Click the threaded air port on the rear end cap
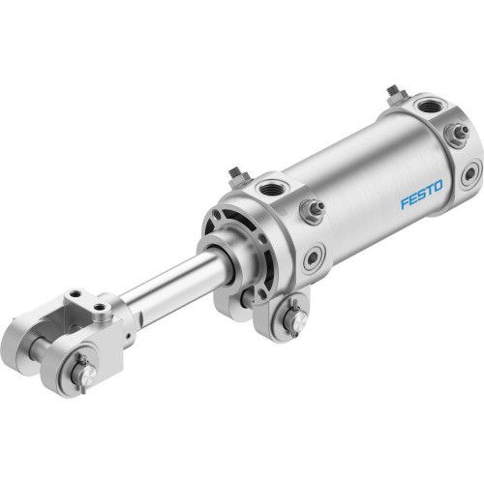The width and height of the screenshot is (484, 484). pyautogui.click(x=427, y=105)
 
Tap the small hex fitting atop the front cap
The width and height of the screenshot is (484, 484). pyautogui.click(x=235, y=174)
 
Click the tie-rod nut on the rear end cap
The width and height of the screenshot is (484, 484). pyautogui.click(x=458, y=131)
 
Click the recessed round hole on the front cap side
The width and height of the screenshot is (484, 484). pyautogui.click(x=314, y=258)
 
